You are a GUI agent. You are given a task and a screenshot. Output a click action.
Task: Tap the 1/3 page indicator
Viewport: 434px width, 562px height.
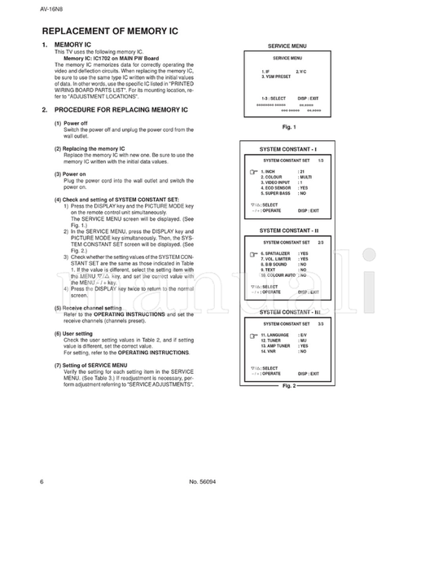(x=320, y=160)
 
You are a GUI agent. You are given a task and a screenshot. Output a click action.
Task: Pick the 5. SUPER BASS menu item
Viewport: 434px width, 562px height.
(x=275, y=194)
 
